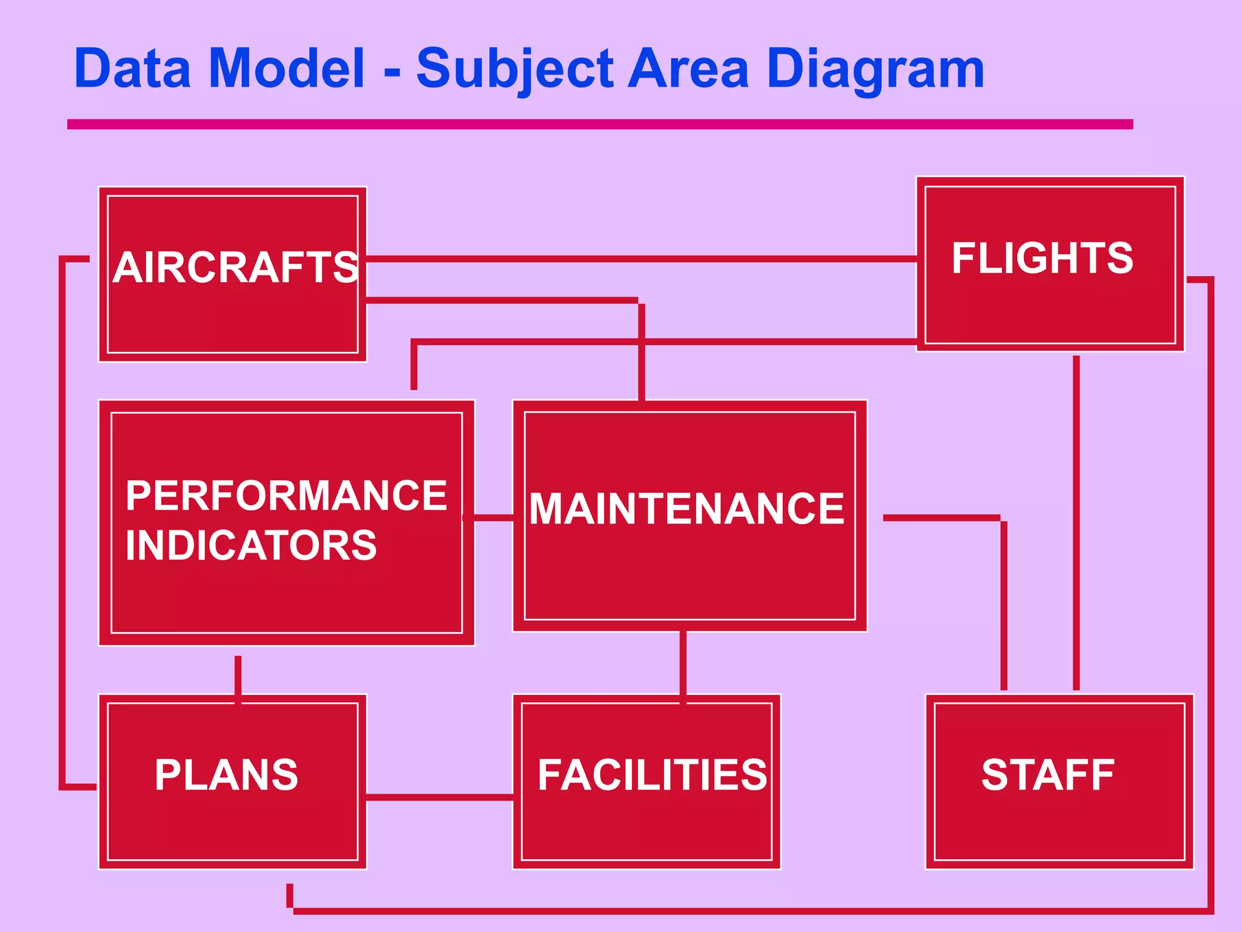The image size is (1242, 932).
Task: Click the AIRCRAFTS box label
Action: click(x=235, y=268)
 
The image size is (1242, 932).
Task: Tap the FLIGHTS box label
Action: click(x=1042, y=258)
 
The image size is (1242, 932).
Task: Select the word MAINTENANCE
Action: click(x=686, y=508)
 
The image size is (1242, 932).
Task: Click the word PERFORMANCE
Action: click(x=286, y=496)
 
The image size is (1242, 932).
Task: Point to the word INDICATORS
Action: click(x=251, y=545)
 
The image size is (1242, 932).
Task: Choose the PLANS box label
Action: click(x=226, y=775)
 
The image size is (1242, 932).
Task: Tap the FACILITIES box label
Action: click(x=652, y=775)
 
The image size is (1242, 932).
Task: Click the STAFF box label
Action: click(x=1048, y=775)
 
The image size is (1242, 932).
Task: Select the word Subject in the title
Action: click(x=515, y=70)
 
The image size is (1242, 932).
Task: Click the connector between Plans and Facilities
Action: click(x=440, y=797)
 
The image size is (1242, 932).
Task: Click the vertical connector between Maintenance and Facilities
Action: click(x=683, y=664)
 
